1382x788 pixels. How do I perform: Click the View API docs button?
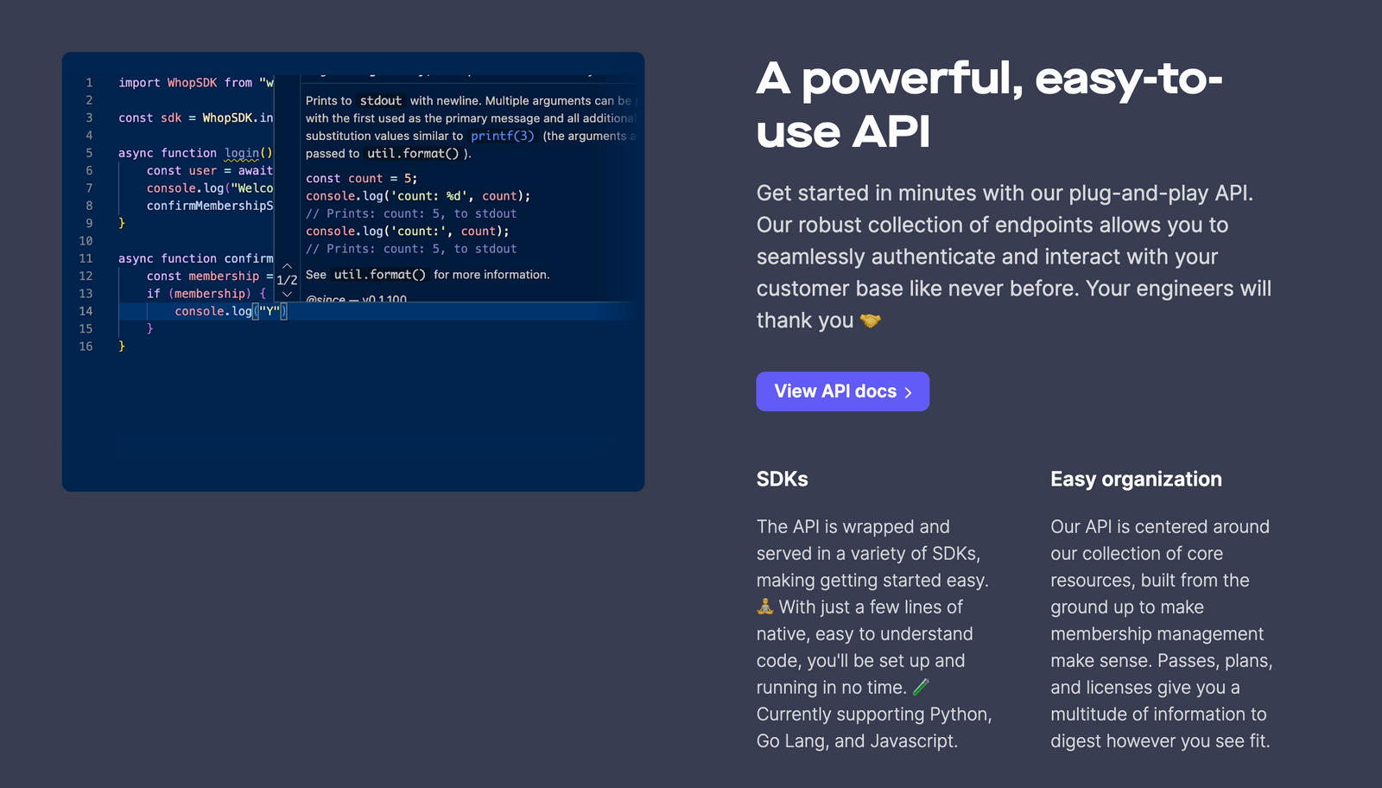tap(842, 391)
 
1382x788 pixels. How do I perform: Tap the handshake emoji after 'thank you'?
tap(871, 321)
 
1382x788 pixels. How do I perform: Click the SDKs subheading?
tap(782, 480)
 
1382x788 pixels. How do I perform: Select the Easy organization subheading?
tap(1136, 480)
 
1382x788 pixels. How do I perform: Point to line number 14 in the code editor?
tap(86, 311)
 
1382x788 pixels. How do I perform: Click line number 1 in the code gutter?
tap(89, 83)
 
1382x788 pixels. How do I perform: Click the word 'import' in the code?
tap(139, 83)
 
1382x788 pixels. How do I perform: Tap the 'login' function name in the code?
tap(242, 153)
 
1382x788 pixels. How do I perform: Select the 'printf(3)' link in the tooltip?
tap(503, 136)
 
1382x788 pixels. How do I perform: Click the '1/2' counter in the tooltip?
tap(287, 280)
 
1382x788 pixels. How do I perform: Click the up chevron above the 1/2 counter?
tap(287, 266)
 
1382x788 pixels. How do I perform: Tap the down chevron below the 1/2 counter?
tap(287, 294)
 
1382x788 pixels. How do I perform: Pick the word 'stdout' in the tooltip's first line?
tap(381, 101)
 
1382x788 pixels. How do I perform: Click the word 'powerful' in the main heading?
tap(912, 79)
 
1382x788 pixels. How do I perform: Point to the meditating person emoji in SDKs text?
tap(765, 607)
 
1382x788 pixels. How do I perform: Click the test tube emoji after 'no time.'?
tap(922, 687)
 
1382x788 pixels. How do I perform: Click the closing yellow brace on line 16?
tap(122, 346)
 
